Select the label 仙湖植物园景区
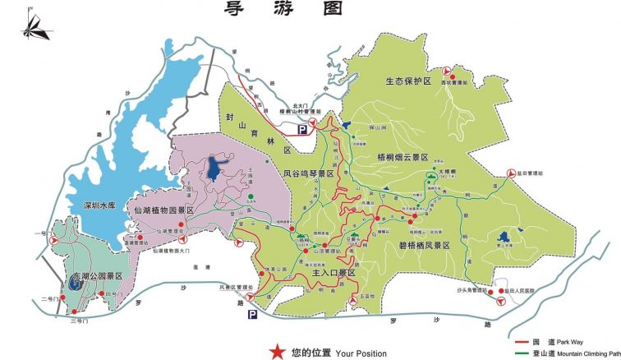pos(163,210)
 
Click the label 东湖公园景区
pos(94,275)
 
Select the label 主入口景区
pos(333,271)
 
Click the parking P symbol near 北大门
pos(302,129)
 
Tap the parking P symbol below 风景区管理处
pos(252,313)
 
